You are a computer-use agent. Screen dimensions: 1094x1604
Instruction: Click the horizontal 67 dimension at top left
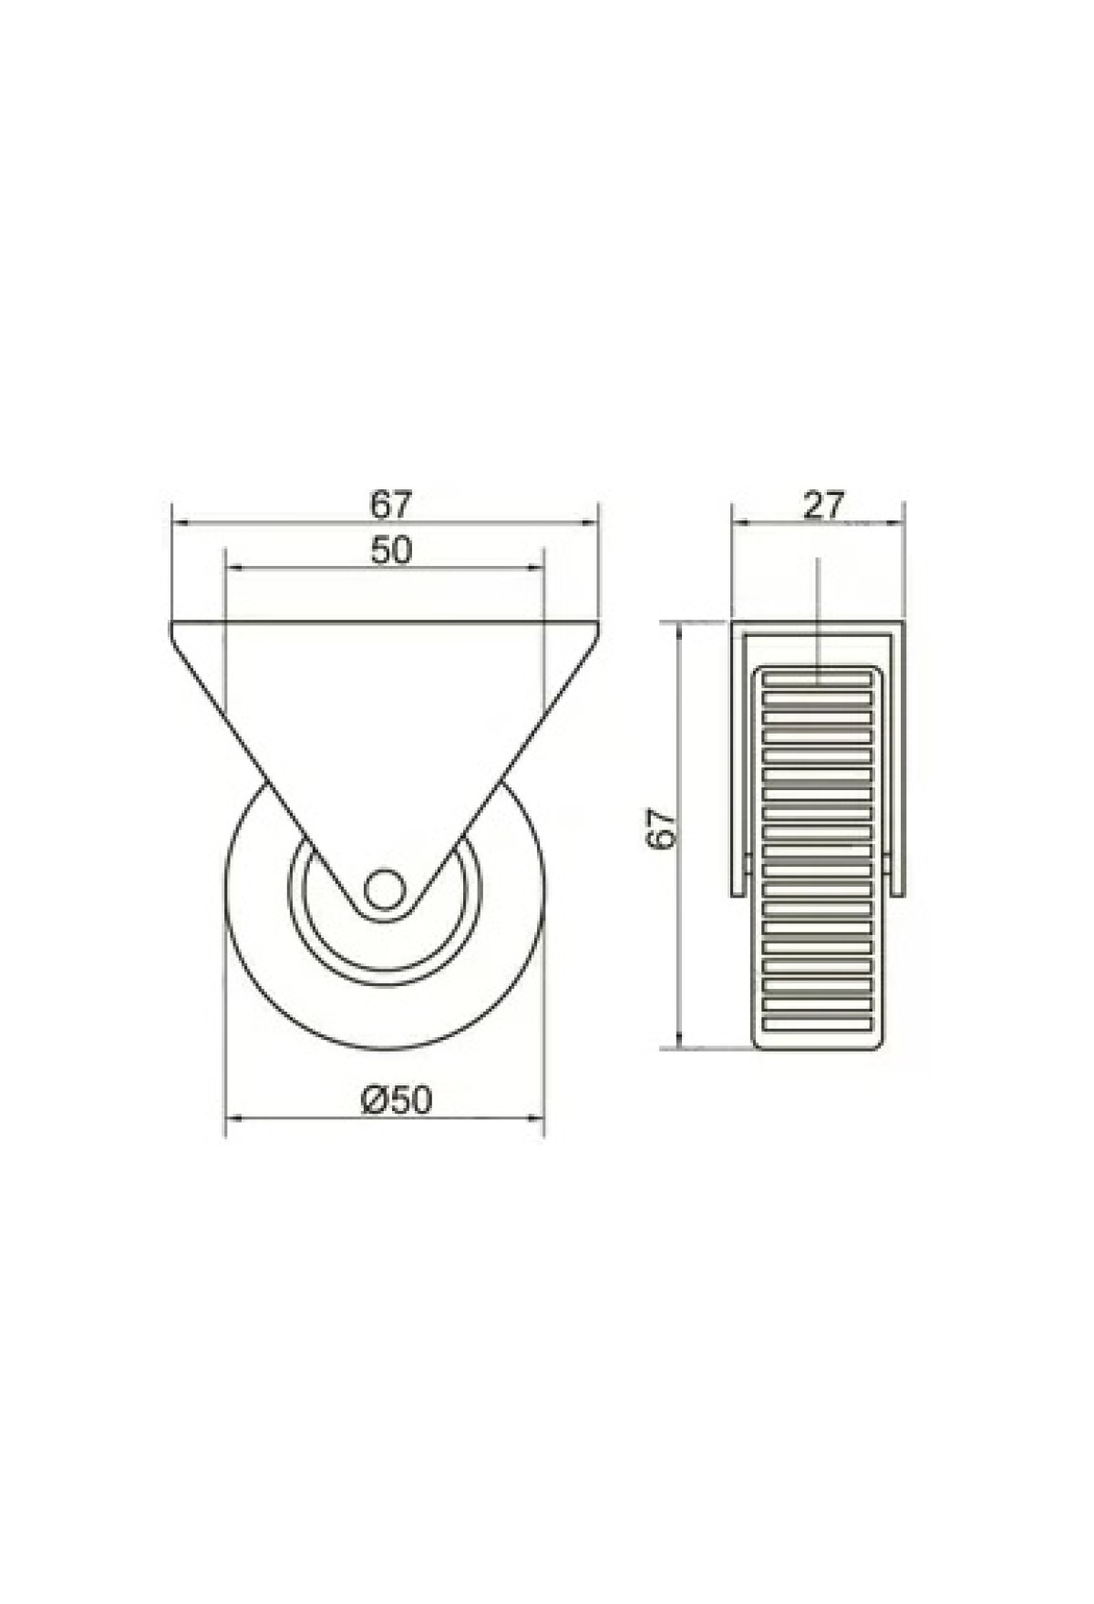(391, 502)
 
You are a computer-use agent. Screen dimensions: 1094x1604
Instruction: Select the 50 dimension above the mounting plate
(391, 550)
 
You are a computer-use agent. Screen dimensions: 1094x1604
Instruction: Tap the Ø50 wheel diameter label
(395, 1100)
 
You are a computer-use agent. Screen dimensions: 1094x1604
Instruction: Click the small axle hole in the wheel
(384, 888)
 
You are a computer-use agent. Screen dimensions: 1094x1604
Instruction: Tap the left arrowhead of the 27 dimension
(740, 522)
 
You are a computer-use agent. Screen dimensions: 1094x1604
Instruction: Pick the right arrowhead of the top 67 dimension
(589, 522)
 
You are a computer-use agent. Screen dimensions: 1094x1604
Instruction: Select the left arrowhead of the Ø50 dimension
(234, 1117)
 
